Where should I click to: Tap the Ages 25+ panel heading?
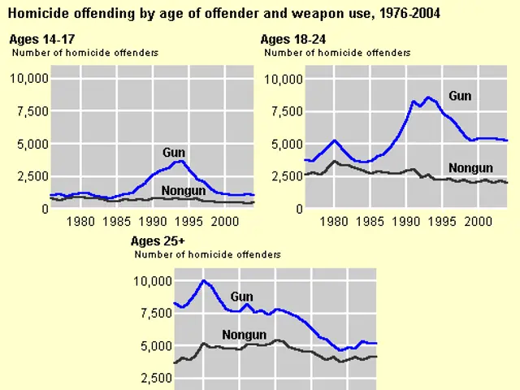click(159, 241)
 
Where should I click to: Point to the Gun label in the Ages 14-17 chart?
click(174, 152)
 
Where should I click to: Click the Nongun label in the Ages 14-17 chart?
click(183, 191)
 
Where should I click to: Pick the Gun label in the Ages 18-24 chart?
click(459, 96)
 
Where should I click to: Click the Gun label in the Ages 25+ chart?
click(242, 297)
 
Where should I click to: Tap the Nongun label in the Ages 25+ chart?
click(244, 335)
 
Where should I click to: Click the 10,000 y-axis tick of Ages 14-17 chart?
click(28, 79)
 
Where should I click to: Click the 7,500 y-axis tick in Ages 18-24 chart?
click(284, 111)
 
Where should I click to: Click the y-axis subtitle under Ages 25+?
click(207, 254)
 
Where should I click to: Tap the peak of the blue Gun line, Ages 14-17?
click(181, 161)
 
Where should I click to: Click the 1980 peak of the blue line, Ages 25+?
click(203, 281)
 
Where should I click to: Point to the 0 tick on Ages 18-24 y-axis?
click(297, 209)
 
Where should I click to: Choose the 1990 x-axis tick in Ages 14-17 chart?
click(153, 220)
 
